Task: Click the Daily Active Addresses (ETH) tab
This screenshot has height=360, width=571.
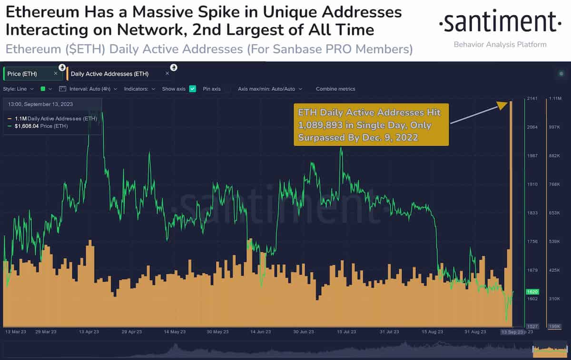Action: click(110, 74)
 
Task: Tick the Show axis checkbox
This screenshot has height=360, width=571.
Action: click(193, 89)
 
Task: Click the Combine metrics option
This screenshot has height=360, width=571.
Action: click(335, 89)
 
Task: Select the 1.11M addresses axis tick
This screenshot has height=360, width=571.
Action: click(555, 99)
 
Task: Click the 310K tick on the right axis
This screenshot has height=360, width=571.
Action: click(555, 299)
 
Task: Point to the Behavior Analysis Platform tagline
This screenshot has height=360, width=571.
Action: click(500, 44)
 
